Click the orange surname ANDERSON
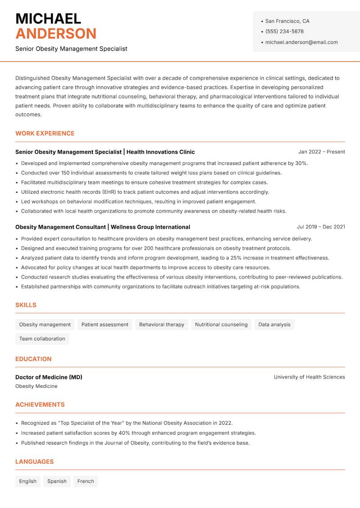pos(56,34)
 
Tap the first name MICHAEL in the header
pos(48,19)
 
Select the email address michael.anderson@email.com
pos(301,42)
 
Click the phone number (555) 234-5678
pos(284,31)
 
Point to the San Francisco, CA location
pos(287,21)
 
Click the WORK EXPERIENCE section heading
pos(45,134)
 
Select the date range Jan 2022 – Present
pos(321,152)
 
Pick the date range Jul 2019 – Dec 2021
pos(321,227)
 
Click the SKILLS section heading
pos(26,305)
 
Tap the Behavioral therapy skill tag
pos(162,325)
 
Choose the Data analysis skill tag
pos(274,325)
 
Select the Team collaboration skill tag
pos(42,339)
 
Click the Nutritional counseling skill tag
pos(221,325)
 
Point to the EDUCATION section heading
pos(33,359)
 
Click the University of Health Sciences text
pos(309,377)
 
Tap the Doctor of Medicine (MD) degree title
pos(49,377)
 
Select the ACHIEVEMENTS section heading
pos(40,405)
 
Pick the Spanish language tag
pos(57,481)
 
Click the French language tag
pos(85,481)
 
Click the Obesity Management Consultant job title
pos(61,227)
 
